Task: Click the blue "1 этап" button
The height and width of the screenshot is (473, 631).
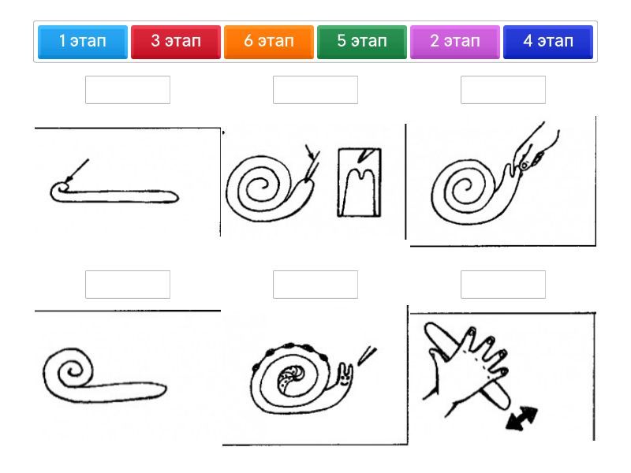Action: [83, 42]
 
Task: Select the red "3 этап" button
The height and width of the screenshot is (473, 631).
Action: [175, 42]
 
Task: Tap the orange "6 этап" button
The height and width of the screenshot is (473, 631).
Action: [269, 42]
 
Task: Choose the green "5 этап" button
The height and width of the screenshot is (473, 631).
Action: [362, 42]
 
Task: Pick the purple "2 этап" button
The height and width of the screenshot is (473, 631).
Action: [455, 42]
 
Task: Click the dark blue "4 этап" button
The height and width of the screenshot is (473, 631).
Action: [548, 42]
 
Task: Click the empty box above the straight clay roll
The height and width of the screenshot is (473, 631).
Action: [128, 90]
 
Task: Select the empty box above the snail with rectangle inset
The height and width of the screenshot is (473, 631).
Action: [315, 90]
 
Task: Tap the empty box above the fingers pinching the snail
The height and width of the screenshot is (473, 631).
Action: [503, 90]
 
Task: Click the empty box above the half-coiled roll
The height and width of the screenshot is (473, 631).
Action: [128, 285]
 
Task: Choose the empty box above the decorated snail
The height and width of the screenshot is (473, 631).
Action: [315, 285]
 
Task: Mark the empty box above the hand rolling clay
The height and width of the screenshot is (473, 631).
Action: [503, 285]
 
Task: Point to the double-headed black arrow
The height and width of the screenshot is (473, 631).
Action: [522, 419]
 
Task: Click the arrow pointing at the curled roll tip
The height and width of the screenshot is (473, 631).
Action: [77, 170]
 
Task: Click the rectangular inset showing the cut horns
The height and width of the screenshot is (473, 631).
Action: [360, 183]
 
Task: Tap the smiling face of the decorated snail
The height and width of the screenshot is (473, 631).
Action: [345, 378]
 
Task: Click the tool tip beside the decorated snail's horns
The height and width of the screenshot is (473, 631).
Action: [366, 356]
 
